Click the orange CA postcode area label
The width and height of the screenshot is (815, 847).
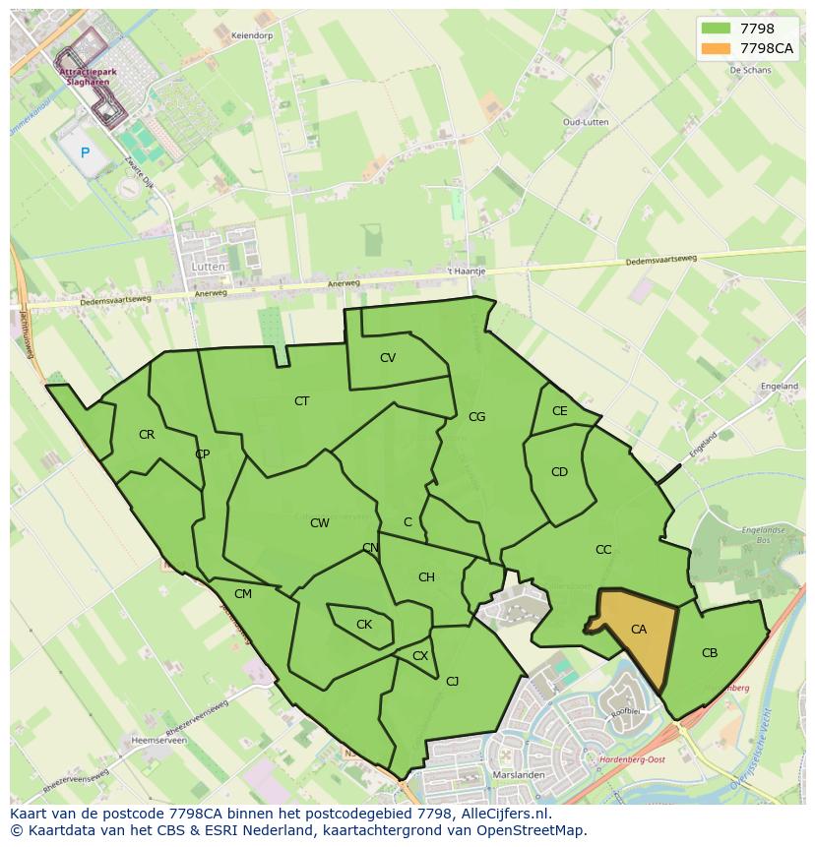point(639,630)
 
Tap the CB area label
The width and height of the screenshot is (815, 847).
point(710,653)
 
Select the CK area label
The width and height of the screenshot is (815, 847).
point(364,625)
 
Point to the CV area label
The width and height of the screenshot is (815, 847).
point(388,358)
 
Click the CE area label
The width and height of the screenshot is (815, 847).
point(560,411)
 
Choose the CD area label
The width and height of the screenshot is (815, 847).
point(559,472)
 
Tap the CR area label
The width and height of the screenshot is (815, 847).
point(147,435)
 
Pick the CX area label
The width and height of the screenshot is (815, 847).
point(420,656)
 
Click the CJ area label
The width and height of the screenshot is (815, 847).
point(453,681)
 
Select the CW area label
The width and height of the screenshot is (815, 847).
point(320,523)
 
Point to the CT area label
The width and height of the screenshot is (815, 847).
point(302,401)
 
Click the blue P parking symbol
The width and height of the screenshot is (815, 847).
point(85,152)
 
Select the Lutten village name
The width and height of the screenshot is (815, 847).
point(209,267)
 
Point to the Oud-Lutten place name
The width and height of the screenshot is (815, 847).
point(586,122)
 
